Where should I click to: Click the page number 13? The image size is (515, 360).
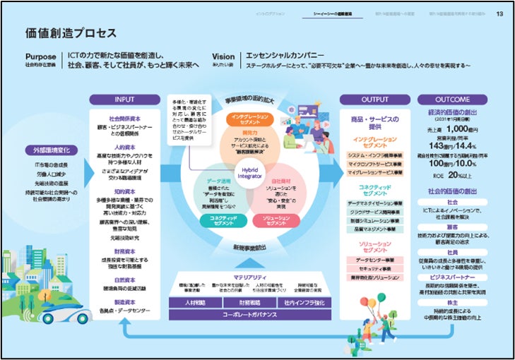tap(499, 13)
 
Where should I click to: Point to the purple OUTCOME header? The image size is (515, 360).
tap(462, 100)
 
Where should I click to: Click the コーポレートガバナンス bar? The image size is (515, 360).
tap(251, 315)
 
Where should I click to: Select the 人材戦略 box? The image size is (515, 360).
tap(196, 302)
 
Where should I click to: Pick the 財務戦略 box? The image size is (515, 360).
tap(251, 302)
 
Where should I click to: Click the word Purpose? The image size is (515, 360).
tap(41, 56)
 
